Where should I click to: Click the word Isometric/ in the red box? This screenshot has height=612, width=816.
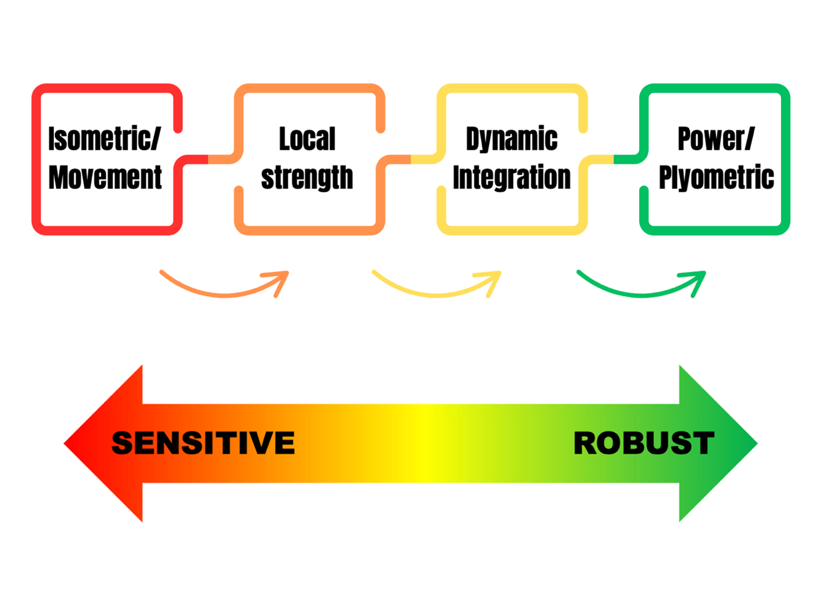tap(104, 139)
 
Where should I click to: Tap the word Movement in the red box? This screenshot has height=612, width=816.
tap(105, 178)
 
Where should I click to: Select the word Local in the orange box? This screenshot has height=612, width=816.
tap(307, 139)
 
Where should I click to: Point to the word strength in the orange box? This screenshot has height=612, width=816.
tap(307, 178)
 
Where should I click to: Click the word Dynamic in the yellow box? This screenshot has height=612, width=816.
tap(511, 139)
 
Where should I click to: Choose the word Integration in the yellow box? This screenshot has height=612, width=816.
tap(511, 178)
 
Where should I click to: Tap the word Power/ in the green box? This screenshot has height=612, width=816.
tap(715, 139)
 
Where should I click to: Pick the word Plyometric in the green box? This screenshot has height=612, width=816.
tap(716, 178)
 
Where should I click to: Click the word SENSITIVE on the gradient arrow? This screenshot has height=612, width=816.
tap(203, 443)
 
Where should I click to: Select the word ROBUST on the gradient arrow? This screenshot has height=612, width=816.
tap(644, 443)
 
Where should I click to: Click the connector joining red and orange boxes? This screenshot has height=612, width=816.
tap(208, 159)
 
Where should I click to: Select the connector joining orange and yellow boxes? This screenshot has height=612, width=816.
tap(411, 159)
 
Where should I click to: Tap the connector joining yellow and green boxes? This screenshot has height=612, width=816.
tap(614, 159)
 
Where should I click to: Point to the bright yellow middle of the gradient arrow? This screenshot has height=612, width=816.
tap(427, 443)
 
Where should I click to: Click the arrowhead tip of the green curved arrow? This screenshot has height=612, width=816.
tap(704, 273)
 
